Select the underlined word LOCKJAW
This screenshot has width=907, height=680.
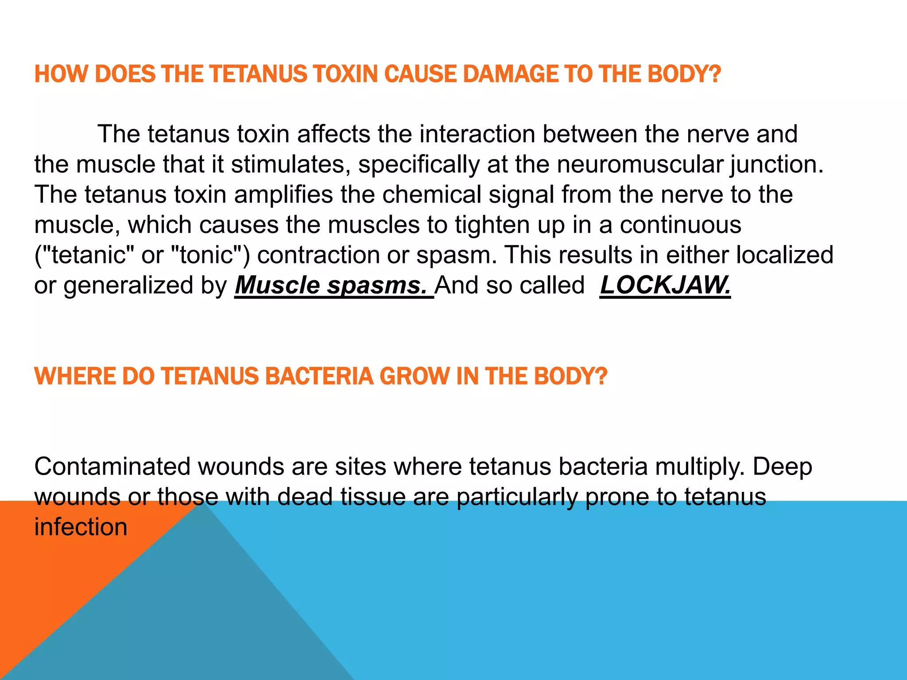click(665, 285)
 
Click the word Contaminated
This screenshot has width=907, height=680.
click(112, 467)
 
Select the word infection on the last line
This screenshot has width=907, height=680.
click(81, 527)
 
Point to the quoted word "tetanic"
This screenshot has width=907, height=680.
click(84, 255)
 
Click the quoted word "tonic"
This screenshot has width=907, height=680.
click(206, 255)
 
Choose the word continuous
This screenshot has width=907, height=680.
click(680, 225)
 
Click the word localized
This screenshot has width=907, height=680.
click(784, 255)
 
